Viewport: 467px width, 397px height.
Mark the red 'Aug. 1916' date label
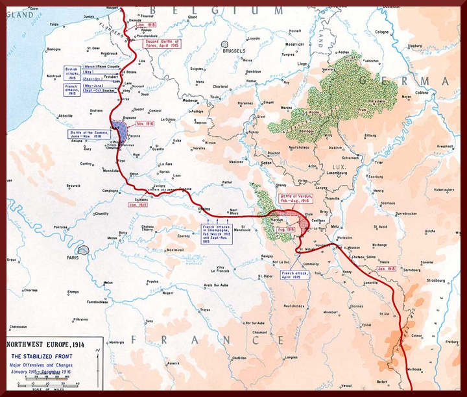[x=286, y=230]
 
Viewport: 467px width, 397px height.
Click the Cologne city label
[x=381, y=32]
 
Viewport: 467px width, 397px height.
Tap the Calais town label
[x=54, y=25]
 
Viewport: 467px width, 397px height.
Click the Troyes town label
[x=205, y=310]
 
